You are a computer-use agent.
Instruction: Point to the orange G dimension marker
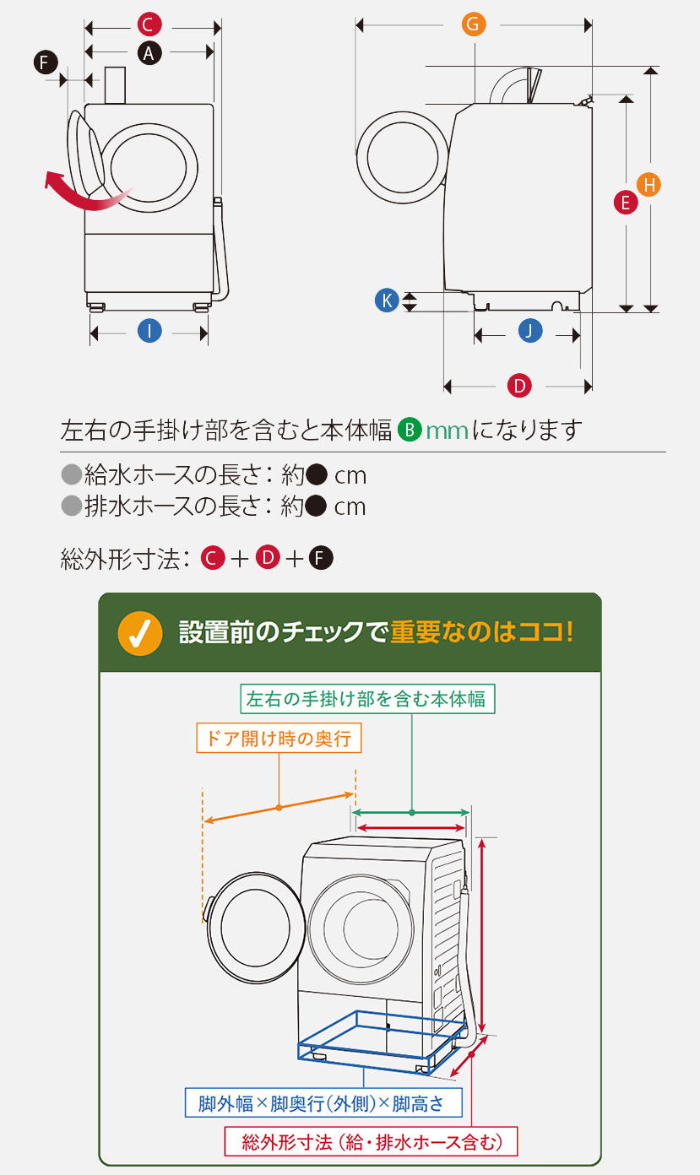click(474, 24)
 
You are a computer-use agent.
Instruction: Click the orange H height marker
click(648, 184)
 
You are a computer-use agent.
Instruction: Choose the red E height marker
click(626, 203)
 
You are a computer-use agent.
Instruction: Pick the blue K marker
click(386, 300)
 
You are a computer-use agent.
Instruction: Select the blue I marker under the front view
click(149, 332)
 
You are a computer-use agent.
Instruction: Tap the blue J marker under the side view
click(529, 332)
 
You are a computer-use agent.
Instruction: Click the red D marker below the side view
click(519, 387)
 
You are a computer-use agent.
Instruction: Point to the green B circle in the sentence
click(410, 430)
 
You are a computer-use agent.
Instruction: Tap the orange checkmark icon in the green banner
click(140, 633)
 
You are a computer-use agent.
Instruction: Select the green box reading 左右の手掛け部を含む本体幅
click(365, 699)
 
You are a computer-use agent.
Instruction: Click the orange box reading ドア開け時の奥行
click(279, 739)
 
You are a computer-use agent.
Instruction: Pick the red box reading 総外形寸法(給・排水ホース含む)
click(372, 1142)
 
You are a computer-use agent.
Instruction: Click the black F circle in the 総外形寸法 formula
click(321, 558)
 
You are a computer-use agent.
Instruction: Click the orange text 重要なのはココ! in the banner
click(482, 632)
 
